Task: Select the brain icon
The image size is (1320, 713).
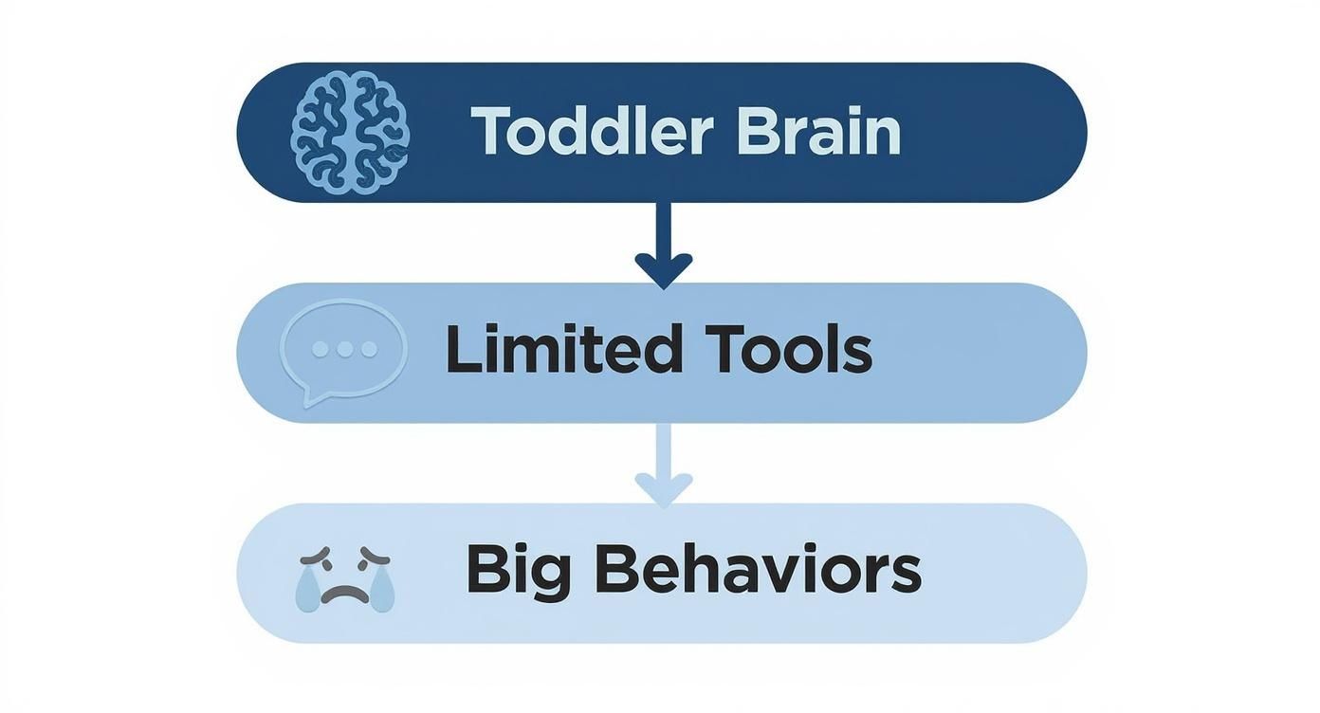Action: (x=350, y=133)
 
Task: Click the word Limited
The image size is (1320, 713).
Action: (x=563, y=350)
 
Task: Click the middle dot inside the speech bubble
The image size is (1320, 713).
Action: (x=344, y=349)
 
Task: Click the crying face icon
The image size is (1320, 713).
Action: (x=344, y=576)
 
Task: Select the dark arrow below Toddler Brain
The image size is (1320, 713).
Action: (x=663, y=243)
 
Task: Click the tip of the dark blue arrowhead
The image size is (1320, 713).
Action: (x=663, y=285)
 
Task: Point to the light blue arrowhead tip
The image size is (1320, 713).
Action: (x=663, y=505)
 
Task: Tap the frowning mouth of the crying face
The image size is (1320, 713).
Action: (x=344, y=595)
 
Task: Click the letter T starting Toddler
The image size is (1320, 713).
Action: (x=489, y=132)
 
